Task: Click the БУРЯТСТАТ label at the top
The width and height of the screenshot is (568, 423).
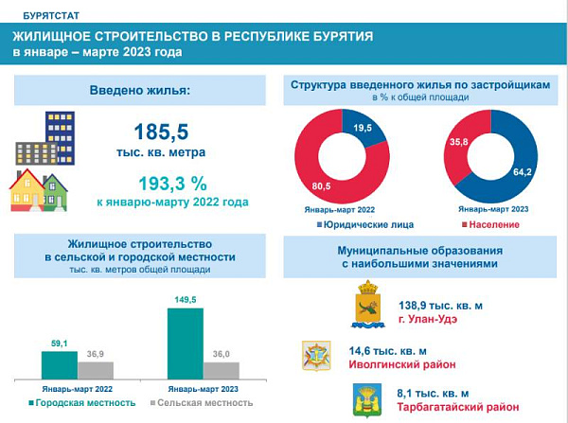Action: coord(44,15)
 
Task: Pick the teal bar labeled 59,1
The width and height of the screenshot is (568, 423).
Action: coord(59,365)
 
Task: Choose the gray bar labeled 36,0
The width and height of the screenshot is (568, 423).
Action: coord(222,370)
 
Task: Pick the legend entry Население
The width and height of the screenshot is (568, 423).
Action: coord(491,224)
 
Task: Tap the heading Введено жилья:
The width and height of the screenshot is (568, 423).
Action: coord(139,91)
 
